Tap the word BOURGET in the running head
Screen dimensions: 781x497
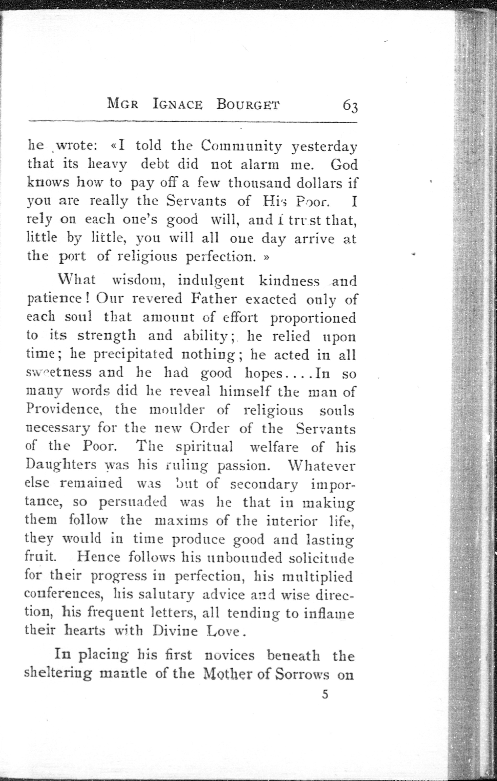(248, 105)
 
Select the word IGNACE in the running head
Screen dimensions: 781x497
(178, 105)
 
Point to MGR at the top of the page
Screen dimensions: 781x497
(123, 105)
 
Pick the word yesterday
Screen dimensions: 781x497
(324, 147)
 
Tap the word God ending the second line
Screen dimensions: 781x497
(344, 165)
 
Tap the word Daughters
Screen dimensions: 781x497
(61, 466)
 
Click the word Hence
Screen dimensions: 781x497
(99, 557)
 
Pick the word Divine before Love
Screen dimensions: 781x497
(175, 631)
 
